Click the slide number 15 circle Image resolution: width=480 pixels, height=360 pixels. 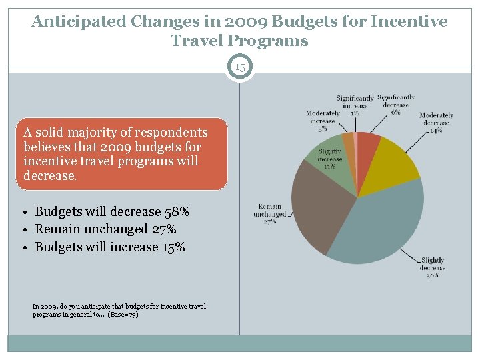click(x=240, y=67)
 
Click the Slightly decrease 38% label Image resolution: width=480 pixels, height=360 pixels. click(x=433, y=267)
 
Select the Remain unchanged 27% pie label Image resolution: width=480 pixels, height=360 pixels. click(x=270, y=214)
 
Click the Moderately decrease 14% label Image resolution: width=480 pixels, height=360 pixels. click(x=436, y=123)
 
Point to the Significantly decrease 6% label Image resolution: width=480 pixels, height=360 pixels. click(x=396, y=105)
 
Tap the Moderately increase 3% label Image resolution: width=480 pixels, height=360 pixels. click(x=323, y=121)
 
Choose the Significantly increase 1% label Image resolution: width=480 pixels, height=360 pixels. click(x=355, y=105)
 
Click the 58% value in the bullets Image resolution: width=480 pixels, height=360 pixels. click(x=177, y=212)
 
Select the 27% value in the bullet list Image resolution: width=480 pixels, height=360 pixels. click(x=163, y=229)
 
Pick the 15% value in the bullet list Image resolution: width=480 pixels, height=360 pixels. click(x=172, y=247)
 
